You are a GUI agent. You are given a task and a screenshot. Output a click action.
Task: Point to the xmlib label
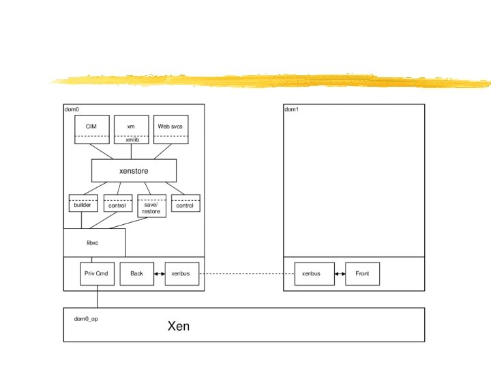131,139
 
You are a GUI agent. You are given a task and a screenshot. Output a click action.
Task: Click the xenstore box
134,171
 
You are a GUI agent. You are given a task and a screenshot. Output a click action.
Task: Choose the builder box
83,204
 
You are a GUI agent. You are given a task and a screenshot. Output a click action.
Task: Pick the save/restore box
151,206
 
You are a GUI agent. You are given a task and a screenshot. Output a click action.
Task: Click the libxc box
94,243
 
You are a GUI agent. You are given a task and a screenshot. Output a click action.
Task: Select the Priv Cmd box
97,273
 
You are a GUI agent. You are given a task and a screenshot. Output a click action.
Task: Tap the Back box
137,273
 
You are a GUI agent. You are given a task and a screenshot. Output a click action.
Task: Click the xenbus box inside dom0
181,273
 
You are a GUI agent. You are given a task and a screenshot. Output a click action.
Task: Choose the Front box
362,273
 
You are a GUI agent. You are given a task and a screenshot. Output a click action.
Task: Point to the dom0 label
72,109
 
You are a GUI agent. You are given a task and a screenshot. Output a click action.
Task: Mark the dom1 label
292,109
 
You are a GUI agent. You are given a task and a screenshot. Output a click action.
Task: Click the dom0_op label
86,318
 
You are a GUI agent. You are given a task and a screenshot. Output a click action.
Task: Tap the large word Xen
179,326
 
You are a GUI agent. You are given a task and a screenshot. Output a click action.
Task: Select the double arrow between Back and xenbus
160,273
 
